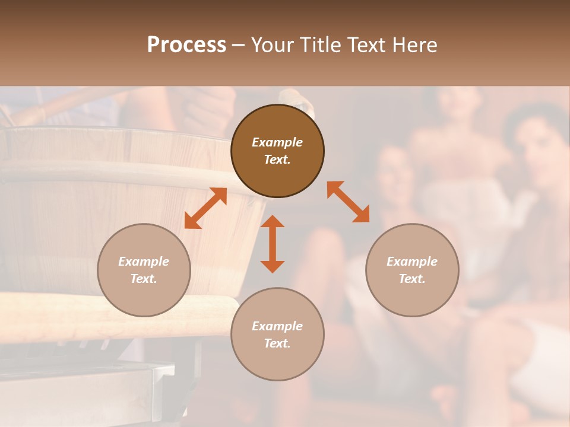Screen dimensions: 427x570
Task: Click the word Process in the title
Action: coord(186,45)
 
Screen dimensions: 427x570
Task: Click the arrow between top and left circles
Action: coord(205,208)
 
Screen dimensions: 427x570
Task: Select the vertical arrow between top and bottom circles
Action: coord(273,244)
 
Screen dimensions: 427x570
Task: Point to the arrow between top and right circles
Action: coord(348,202)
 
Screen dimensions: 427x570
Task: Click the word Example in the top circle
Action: coord(277,142)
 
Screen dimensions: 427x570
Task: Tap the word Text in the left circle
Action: coord(144,279)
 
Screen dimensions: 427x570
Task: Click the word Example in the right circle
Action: coord(412,262)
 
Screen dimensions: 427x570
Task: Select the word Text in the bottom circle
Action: coord(277,343)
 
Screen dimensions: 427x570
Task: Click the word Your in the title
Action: coord(274,45)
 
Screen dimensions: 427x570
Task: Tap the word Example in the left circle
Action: coord(144,262)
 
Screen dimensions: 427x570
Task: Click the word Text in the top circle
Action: coord(277,160)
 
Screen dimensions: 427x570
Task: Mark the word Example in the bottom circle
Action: coord(277,326)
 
